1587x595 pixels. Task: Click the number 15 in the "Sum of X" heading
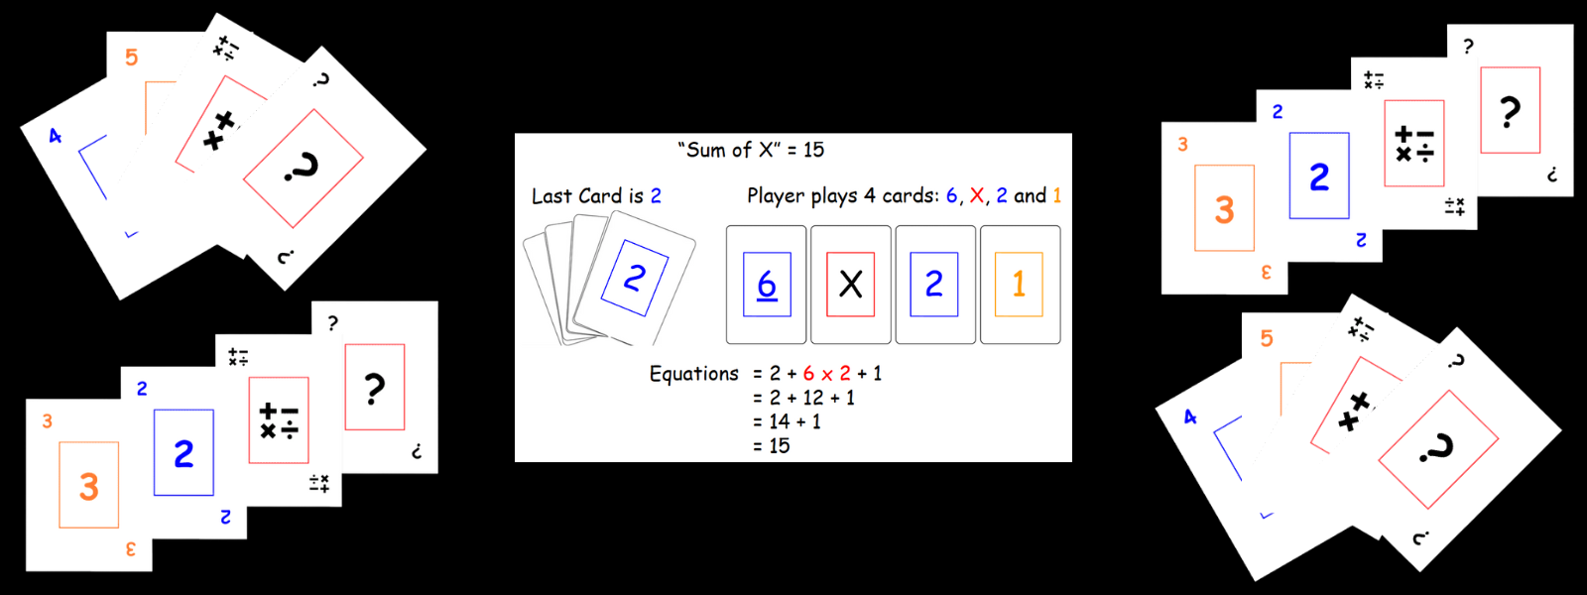click(x=813, y=150)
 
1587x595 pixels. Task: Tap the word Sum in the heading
click(x=706, y=150)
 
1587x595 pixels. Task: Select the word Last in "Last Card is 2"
click(x=551, y=195)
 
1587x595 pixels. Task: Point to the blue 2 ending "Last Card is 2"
click(x=656, y=195)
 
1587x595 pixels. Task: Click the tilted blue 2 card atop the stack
click(x=635, y=279)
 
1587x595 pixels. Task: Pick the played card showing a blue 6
click(x=767, y=285)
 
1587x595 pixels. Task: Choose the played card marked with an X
click(x=851, y=285)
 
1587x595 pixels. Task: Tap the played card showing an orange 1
click(x=1020, y=285)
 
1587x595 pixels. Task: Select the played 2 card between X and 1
click(x=934, y=285)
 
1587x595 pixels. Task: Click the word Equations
click(x=694, y=374)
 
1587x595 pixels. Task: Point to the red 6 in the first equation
click(x=808, y=374)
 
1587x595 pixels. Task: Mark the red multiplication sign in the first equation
click(x=827, y=375)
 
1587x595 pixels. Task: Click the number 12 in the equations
click(x=813, y=398)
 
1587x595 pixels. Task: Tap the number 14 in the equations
click(x=780, y=421)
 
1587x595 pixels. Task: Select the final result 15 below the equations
click(x=780, y=446)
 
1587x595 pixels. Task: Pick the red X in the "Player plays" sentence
click(x=977, y=195)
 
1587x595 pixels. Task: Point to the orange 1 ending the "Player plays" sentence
click(x=1056, y=195)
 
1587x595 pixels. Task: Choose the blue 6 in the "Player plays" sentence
click(x=952, y=195)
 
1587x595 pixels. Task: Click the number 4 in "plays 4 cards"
click(x=869, y=195)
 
